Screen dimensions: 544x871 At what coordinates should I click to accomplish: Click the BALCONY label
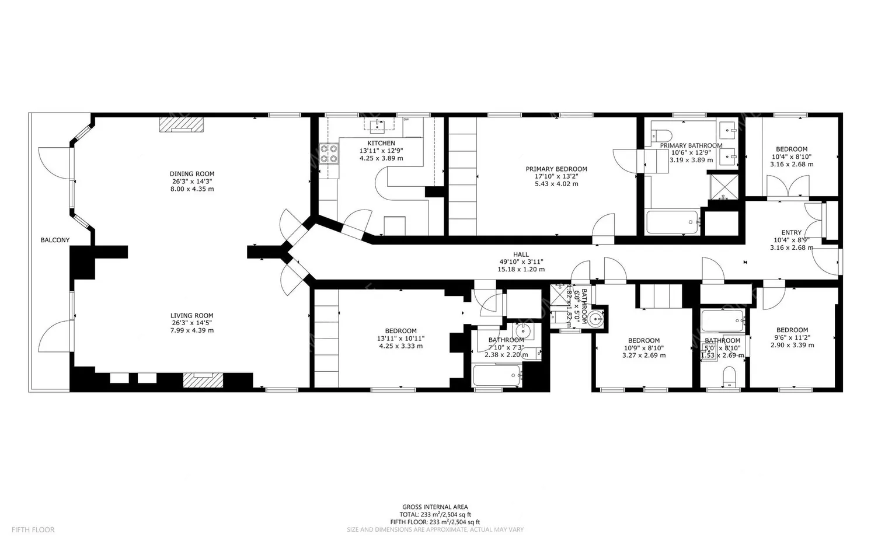coord(55,240)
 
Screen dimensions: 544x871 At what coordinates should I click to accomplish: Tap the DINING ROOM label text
coord(192,173)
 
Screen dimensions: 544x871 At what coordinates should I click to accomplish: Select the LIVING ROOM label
coord(192,315)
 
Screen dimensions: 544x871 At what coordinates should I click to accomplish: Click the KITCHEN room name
coord(381,143)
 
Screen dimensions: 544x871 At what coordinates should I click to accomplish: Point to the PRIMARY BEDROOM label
coord(556,169)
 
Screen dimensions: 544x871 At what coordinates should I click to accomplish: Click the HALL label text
coord(521,254)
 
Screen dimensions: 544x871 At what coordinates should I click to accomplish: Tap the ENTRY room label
coord(792,232)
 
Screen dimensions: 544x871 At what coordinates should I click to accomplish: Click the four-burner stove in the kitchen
coord(329,153)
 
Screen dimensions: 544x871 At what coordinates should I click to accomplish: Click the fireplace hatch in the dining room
coord(182,125)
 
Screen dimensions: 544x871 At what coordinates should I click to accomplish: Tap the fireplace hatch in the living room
coord(203,380)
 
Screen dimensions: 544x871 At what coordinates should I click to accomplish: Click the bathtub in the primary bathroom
coord(673,222)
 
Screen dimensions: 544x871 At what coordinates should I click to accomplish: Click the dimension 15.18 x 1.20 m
coord(521,269)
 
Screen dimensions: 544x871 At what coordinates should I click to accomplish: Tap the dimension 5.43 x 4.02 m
coord(556,184)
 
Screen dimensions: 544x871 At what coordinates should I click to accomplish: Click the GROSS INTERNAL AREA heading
coord(435,507)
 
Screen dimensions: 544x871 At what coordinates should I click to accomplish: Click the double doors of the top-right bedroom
coord(788,188)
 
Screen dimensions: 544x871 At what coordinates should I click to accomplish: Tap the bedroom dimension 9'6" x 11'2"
coord(792,337)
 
